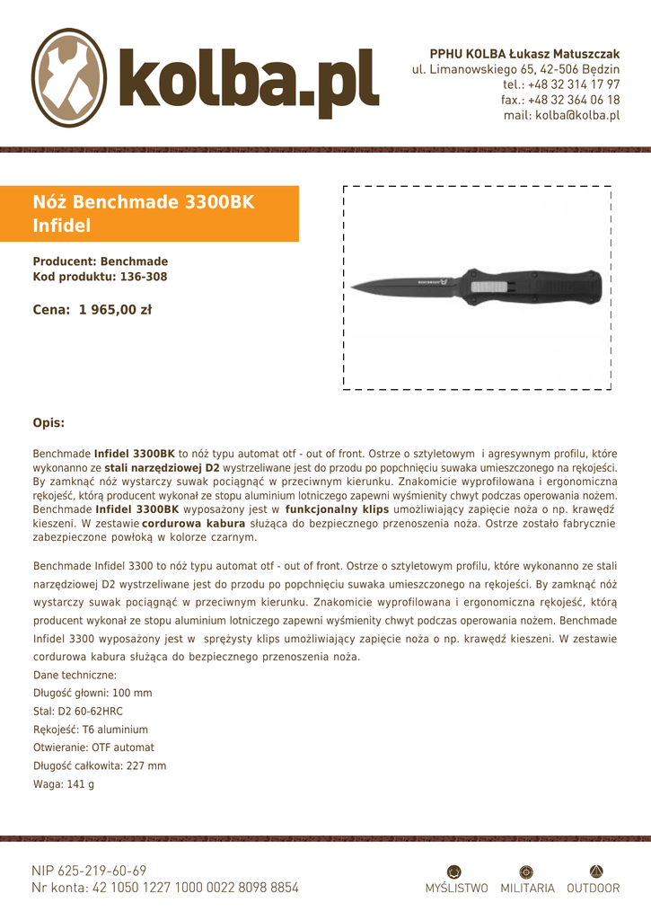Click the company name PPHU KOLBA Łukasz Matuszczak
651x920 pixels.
click(x=524, y=54)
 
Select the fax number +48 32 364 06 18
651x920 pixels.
click(x=573, y=100)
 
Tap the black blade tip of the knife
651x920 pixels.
click(x=356, y=287)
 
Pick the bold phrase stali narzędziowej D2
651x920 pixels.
click(x=162, y=468)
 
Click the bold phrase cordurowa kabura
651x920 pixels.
click(x=193, y=523)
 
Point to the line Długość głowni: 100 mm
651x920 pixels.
click(x=92, y=694)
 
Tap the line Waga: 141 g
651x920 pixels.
click(x=64, y=784)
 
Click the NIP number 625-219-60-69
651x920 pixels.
click(x=101, y=871)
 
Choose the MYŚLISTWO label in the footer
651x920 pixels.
click(x=456, y=889)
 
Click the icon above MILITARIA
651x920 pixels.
click(x=527, y=871)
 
